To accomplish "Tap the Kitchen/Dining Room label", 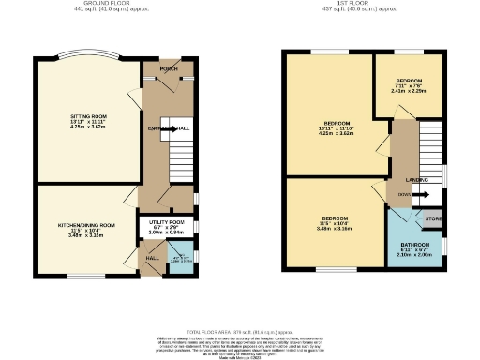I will click(x=86, y=226).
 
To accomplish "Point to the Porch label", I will click(x=169, y=69).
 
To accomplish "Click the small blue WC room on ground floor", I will click(x=185, y=259).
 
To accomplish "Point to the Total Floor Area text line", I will click(x=239, y=332).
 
